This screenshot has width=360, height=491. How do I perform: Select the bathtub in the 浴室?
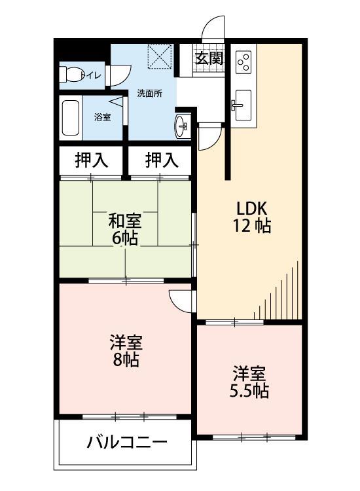click(70, 118)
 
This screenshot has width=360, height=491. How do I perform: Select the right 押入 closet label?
click(160, 160)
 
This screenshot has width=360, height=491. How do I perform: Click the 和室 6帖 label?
click(124, 229)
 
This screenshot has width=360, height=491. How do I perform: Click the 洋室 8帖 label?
click(124, 351)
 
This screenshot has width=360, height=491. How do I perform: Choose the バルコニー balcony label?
click(127, 443)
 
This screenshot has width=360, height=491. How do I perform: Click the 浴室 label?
click(102, 118)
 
